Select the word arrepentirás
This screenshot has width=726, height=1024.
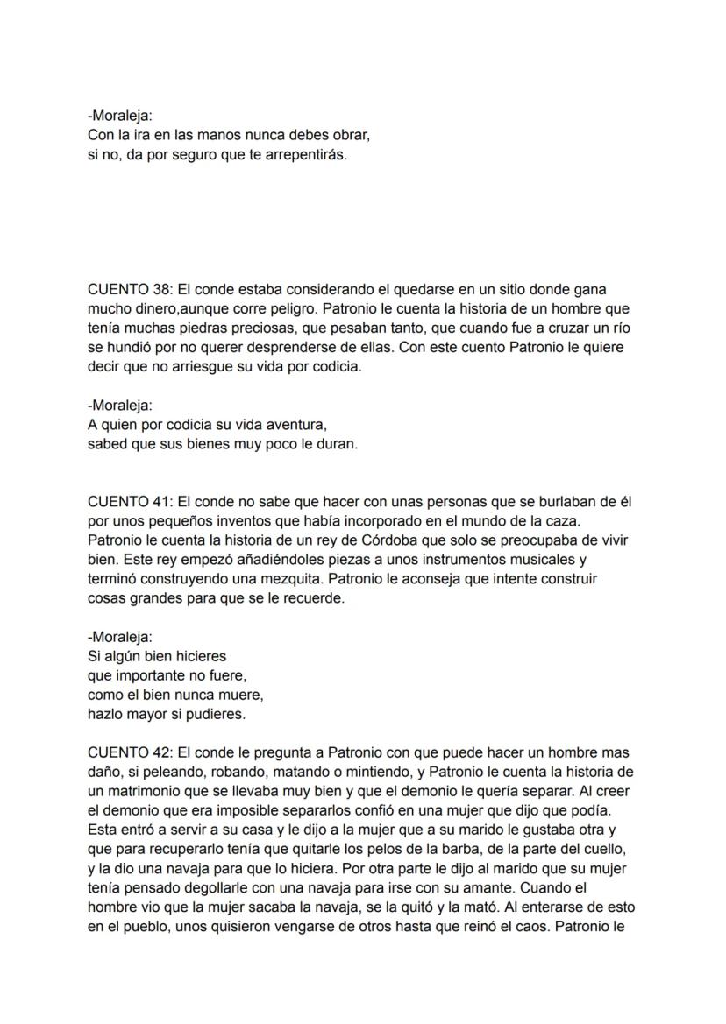(310, 156)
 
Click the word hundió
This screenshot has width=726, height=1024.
(128, 348)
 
